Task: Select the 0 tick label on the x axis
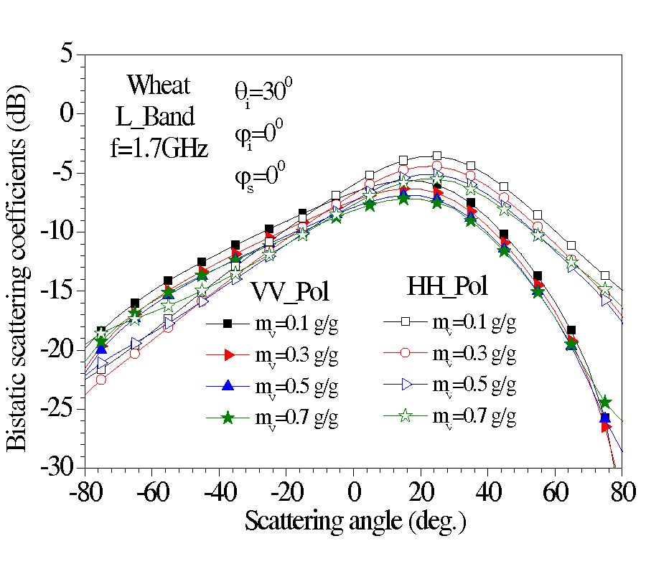point(354,495)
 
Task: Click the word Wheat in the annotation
point(159,85)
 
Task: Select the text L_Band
point(154,117)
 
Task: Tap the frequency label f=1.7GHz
point(155,149)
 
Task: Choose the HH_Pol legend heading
point(449,286)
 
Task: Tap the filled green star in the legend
point(228,418)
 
